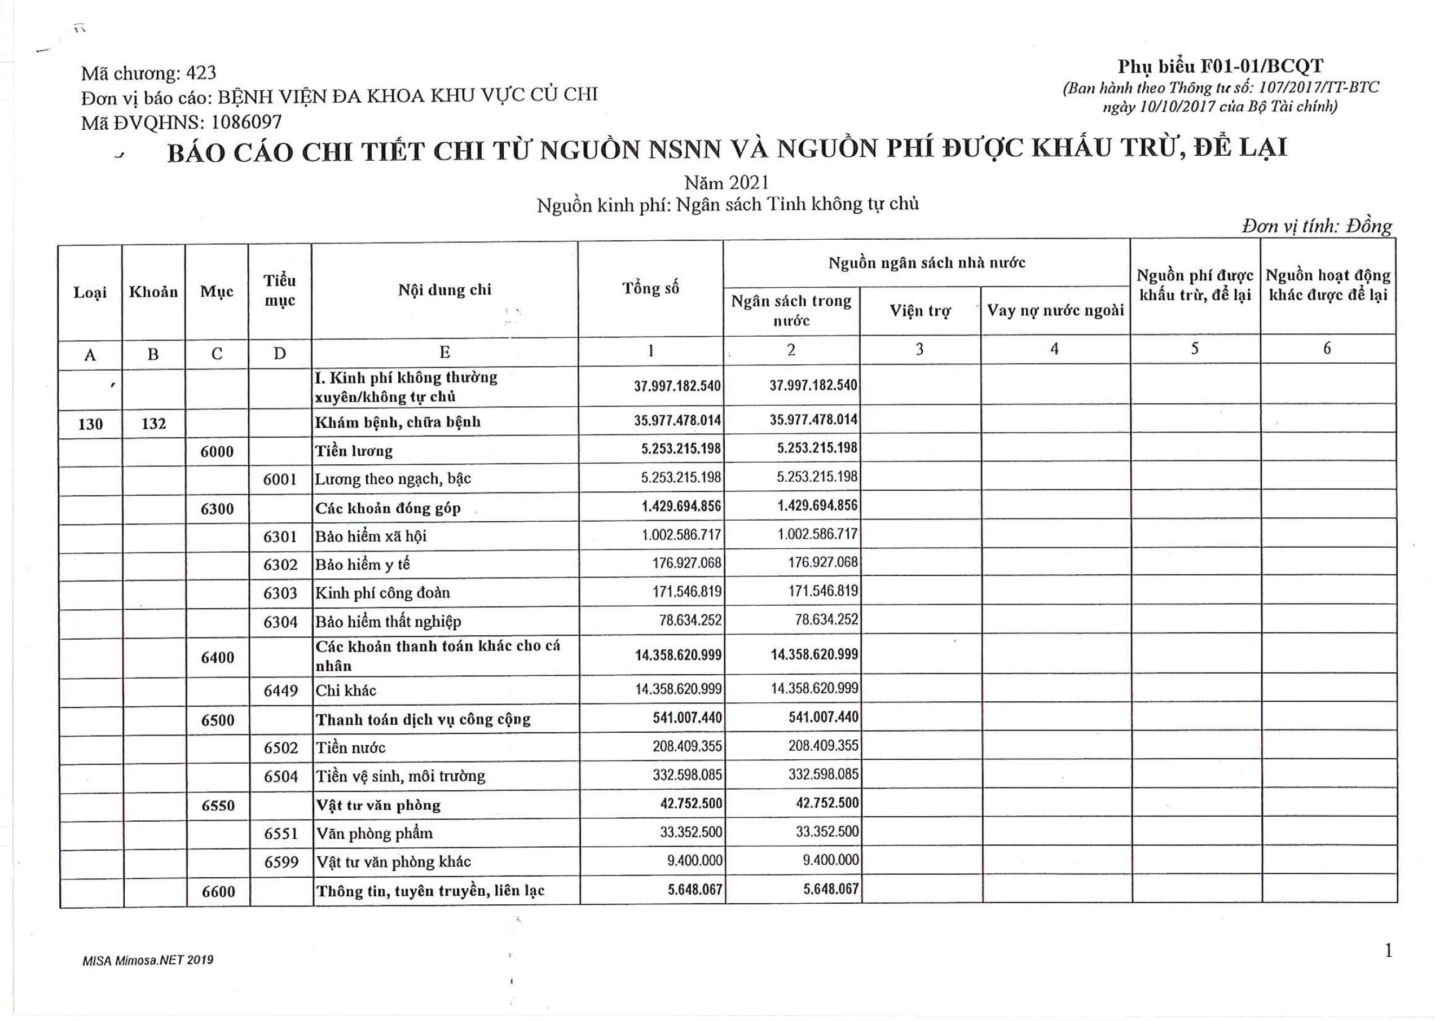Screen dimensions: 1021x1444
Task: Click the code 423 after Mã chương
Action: [201, 73]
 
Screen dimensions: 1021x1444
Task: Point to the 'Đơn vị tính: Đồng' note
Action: [1317, 226]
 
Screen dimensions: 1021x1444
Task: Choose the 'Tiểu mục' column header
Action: [280, 291]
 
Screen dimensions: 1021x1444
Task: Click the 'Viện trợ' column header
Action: [919, 311]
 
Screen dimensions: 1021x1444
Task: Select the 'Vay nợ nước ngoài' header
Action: [1055, 311]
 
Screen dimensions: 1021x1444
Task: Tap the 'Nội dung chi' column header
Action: [444, 290]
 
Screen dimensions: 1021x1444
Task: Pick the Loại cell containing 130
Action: [90, 424]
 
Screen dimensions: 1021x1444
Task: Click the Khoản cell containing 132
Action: [153, 424]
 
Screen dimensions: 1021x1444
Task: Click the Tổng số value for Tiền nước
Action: [687, 747]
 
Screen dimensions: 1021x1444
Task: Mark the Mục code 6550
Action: [218, 805]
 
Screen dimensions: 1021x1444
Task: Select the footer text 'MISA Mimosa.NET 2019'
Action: [148, 961]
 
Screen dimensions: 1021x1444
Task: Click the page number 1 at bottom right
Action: [1388, 950]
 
